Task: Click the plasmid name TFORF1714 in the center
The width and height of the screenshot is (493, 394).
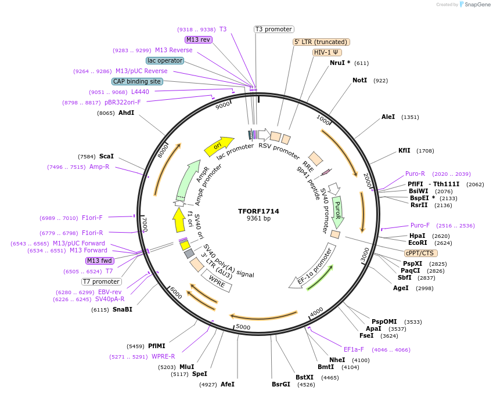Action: pos(258,211)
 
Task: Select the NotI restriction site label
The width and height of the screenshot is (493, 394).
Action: pos(359,80)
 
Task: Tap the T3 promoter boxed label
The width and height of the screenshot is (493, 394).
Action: pos(274,29)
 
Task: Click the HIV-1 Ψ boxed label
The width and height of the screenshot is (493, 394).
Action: pos(327,52)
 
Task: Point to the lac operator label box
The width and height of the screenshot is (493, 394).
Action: pos(165,60)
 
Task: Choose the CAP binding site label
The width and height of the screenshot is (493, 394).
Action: pos(137,82)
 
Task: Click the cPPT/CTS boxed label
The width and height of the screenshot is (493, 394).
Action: pos(421,253)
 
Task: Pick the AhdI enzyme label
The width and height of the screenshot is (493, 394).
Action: pos(126,113)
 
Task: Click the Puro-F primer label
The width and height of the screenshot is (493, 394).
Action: pos(420,225)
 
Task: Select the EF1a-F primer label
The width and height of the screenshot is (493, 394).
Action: pos(353,349)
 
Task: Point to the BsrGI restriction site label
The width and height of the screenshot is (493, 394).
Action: pos(281,384)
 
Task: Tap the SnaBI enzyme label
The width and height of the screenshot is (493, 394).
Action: pos(122,309)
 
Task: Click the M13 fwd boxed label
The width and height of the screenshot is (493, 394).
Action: pos(100,261)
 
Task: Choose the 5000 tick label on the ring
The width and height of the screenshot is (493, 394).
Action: pos(243,327)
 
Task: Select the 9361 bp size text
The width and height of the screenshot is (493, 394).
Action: pos(258,219)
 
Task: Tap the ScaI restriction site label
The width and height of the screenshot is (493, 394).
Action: pos(106,156)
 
